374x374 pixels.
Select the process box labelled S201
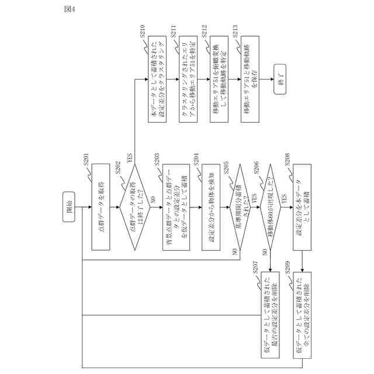(100, 207)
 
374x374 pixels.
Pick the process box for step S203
(174, 207)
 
